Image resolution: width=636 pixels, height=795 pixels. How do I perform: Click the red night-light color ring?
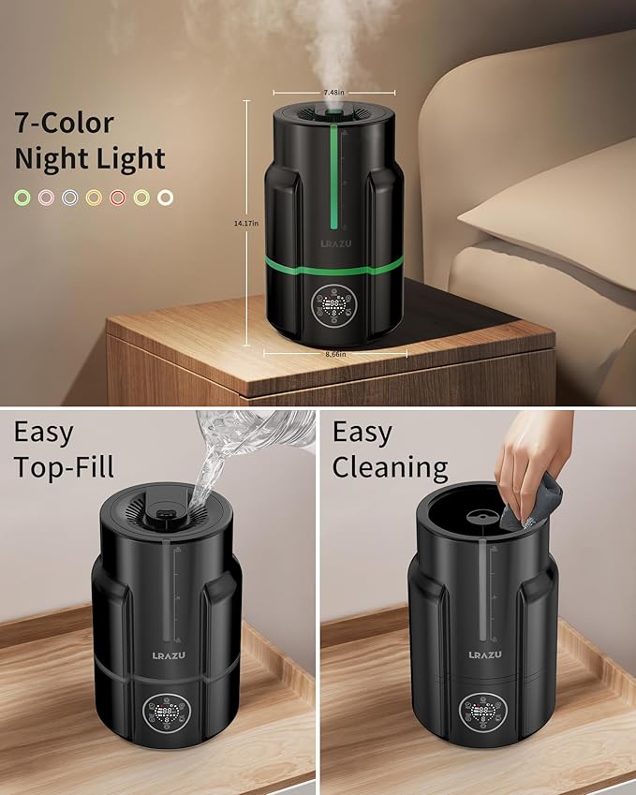[x=118, y=198]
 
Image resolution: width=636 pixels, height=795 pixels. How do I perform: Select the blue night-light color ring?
[x=69, y=198]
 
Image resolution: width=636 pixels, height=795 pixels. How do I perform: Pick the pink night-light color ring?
[x=45, y=198]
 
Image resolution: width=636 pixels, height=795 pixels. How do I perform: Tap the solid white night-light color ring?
[x=165, y=198]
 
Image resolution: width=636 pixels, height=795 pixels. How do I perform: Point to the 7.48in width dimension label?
[x=333, y=93]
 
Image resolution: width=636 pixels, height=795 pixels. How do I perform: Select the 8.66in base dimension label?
[x=335, y=354]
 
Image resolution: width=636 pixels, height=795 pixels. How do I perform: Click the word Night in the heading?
[x=52, y=158]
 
